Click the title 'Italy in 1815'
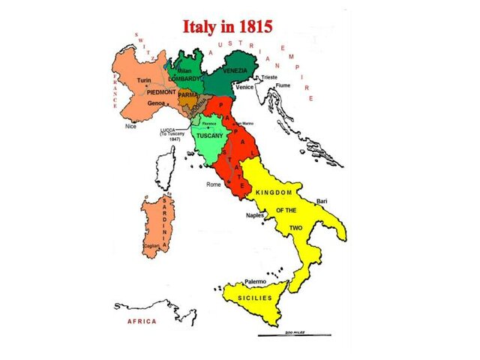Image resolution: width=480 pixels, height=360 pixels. [x=228, y=26]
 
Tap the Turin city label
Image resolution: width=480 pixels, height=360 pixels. [x=144, y=79]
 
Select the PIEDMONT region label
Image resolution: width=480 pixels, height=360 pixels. [x=160, y=91]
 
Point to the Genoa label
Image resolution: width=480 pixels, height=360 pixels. [x=155, y=103]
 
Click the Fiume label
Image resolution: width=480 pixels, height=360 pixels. [x=283, y=85]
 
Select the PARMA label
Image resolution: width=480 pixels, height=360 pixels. [x=187, y=95]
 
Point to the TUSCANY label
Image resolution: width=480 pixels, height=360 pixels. [x=210, y=136]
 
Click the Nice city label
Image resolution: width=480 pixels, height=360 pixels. [x=131, y=127]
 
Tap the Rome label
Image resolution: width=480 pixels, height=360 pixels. [x=213, y=184]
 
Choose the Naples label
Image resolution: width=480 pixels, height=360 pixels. [x=256, y=215]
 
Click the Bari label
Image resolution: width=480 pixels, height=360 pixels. [x=322, y=201]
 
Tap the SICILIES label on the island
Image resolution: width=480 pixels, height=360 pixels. [x=255, y=298]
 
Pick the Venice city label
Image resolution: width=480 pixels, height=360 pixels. [x=245, y=87]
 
